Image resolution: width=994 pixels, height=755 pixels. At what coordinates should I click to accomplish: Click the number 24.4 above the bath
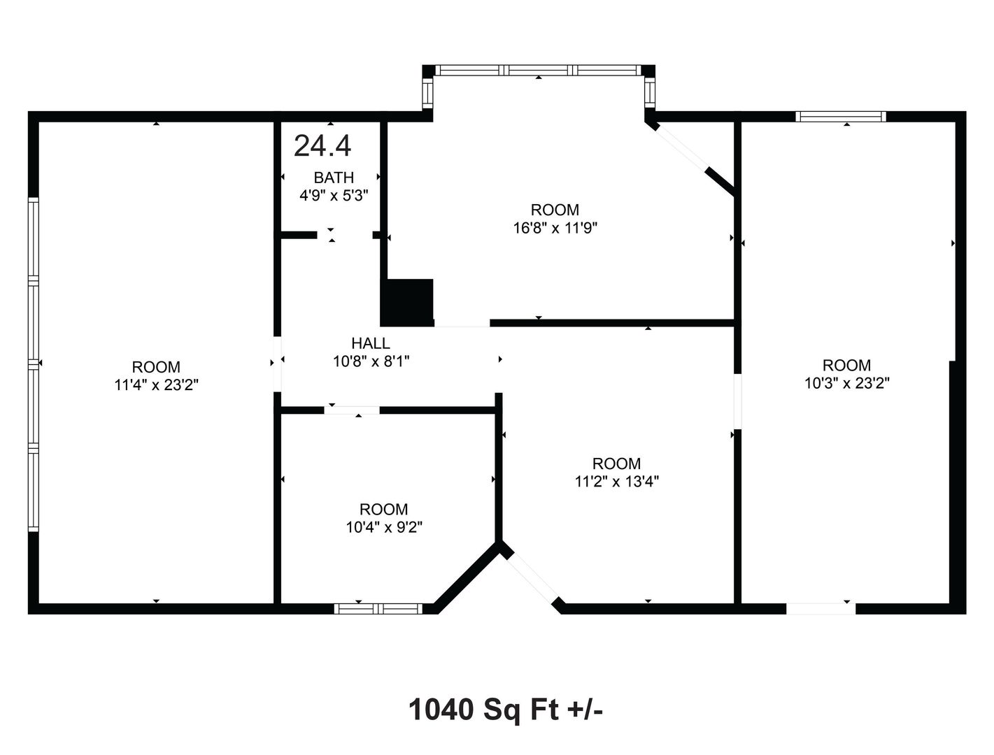322,145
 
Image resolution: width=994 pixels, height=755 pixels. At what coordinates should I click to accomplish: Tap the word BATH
334,178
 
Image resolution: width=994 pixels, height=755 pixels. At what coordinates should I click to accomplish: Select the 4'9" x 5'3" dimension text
334,196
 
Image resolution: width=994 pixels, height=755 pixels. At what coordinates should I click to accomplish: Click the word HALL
371,343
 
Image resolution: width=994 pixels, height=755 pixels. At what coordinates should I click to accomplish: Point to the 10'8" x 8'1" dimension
371,361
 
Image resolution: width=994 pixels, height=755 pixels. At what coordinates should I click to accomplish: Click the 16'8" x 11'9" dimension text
555,228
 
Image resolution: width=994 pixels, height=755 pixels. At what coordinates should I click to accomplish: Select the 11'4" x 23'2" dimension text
156,385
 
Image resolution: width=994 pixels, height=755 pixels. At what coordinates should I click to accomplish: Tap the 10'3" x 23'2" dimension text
847,383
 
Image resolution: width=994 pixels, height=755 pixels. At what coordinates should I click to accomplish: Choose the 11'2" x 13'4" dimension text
617,482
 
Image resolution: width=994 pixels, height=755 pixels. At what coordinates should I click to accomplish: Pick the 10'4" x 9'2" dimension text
384,527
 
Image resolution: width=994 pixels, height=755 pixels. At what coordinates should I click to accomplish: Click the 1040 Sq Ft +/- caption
506,710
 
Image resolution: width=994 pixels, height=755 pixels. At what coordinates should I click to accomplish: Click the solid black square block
406,302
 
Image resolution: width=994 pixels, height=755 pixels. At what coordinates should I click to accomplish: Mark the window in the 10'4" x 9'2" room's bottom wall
378,608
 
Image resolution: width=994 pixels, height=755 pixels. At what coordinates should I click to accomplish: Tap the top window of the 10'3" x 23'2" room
841,117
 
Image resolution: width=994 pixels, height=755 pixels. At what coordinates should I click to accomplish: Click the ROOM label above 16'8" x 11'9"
555,210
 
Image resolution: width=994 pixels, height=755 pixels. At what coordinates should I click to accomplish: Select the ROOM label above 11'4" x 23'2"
156,367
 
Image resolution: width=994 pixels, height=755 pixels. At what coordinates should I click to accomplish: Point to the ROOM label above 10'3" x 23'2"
847,365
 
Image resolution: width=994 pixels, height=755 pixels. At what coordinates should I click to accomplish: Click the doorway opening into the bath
345,235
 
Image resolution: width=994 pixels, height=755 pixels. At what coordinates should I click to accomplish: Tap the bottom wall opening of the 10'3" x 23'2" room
821,608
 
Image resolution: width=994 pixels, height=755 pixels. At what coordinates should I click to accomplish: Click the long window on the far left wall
34,365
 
